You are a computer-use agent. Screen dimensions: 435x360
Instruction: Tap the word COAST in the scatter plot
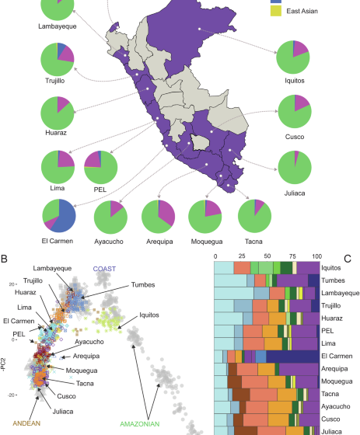pyautogui.click(x=104, y=269)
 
